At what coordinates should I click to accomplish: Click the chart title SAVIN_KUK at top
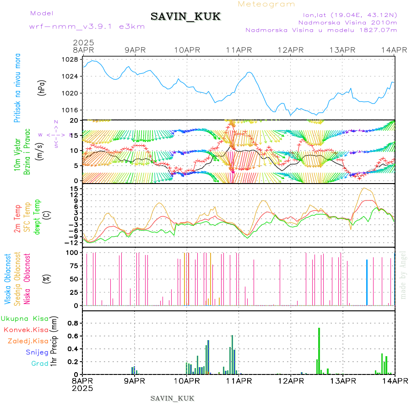click(x=185, y=17)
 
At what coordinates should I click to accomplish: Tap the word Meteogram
click(x=266, y=4)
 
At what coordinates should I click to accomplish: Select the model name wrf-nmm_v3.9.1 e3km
click(x=87, y=26)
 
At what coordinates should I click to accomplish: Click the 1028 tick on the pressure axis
click(x=71, y=60)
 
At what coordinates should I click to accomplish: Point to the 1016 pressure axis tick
click(x=71, y=110)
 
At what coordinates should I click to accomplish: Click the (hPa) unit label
click(x=42, y=87)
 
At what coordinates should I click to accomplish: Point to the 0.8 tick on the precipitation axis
click(x=72, y=323)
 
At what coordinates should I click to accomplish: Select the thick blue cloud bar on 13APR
click(x=367, y=282)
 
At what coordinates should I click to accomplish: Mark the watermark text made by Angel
click(x=403, y=275)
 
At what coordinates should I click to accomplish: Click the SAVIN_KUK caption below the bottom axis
click(x=172, y=398)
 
